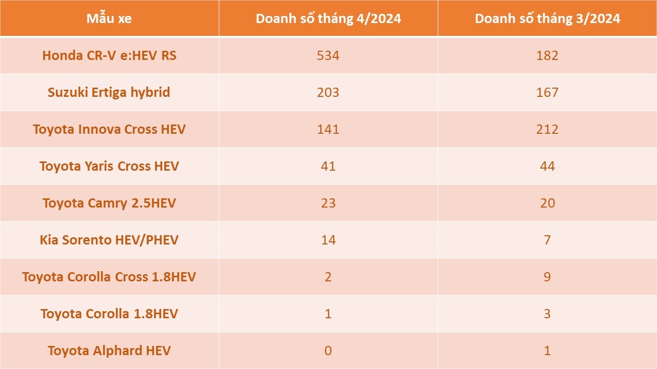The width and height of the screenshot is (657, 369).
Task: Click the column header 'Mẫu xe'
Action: click(x=109, y=19)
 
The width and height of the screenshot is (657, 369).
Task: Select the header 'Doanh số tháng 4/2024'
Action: click(x=328, y=19)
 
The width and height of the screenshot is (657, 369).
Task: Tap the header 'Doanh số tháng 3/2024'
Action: click(x=547, y=19)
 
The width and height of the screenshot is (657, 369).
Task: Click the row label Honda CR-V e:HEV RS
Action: click(x=109, y=55)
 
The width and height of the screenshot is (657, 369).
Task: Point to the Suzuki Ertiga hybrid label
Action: click(x=109, y=92)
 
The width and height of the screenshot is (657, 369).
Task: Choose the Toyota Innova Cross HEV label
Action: click(x=109, y=129)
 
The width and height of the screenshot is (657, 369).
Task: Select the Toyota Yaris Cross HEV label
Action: click(x=109, y=166)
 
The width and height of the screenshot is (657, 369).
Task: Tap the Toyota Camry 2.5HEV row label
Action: click(x=109, y=203)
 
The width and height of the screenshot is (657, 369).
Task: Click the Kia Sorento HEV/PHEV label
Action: click(x=109, y=240)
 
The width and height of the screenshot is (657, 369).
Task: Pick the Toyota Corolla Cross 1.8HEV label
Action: click(x=109, y=277)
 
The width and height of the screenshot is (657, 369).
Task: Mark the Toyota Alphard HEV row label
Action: click(x=109, y=351)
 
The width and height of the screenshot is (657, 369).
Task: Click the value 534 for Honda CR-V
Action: click(x=328, y=55)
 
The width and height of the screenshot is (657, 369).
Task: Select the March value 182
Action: click(x=547, y=55)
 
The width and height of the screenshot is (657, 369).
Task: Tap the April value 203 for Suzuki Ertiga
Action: click(x=328, y=92)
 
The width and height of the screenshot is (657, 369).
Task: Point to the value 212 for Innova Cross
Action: click(x=547, y=129)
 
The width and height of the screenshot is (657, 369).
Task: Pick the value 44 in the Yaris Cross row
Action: click(x=547, y=166)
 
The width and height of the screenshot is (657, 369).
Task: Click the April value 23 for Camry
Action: click(x=328, y=203)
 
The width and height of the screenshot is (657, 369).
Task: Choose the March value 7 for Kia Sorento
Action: click(x=547, y=240)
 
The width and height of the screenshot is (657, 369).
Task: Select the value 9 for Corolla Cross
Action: click(x=547, y=277)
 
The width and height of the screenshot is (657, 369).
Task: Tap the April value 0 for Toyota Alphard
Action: click(x=328, y=351)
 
